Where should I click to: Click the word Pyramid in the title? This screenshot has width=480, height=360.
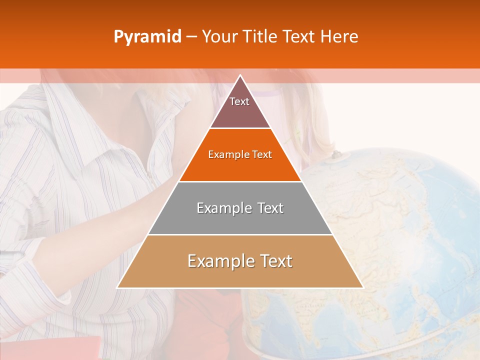(147, 37)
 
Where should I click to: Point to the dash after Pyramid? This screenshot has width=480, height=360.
(191, 37)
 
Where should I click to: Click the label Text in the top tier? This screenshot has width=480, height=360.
(239, 102)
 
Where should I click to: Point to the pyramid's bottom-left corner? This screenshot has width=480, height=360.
(117, 287)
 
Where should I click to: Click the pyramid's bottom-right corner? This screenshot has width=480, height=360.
(362, 287)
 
